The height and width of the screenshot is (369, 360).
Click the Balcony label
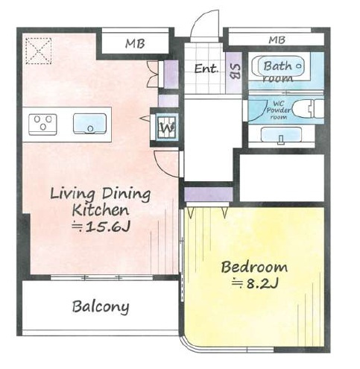(101, 307)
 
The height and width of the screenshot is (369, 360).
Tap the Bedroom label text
(254, 267)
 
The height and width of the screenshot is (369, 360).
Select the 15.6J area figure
(101, 227)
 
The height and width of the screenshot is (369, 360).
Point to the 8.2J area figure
(255, 283)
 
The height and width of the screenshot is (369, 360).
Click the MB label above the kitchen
(135, 43)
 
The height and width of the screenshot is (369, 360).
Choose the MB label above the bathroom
(277, 40)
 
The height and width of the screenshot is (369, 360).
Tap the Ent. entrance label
(206, 69)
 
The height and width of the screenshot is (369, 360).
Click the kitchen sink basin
(89, 124)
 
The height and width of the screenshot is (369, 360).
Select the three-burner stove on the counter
(42, 124)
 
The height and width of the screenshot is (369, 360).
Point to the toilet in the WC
(308, 109)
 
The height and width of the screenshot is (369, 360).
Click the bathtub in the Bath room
(279, 66)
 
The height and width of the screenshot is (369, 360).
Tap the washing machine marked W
(167, 127)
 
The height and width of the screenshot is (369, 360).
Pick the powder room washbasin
(282, 135)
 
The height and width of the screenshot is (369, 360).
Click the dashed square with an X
(38, 51)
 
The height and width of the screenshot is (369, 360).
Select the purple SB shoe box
(234, 72)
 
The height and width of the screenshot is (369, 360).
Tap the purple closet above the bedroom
(208, 194)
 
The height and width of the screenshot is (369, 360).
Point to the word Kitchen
(101, 210)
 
